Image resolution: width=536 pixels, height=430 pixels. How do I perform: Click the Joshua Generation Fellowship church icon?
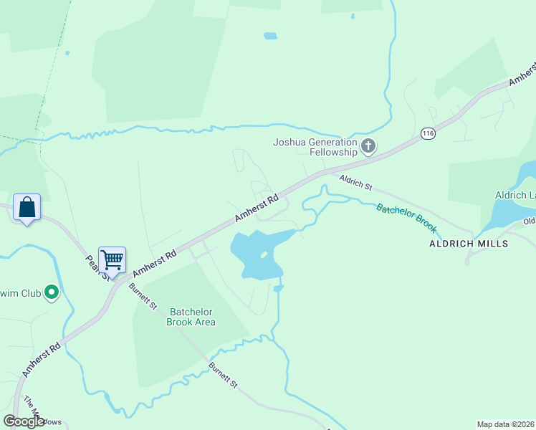pyautogui.click(x=368, y=147)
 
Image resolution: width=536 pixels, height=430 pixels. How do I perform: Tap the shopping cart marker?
pyautogui.click(x=112, y=260)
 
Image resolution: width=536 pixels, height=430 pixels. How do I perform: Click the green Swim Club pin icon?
pyautogui.click(x=51, y=292)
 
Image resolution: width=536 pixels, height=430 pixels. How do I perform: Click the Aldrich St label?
pyautogui.click(x=356, y=184)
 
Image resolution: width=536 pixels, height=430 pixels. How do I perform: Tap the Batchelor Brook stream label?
pyautogui.click(x=406, y=218)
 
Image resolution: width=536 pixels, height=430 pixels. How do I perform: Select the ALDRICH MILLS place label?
pyautogui.click(x=468, y=244)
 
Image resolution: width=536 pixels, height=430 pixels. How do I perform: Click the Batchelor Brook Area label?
pyautogui.click(x=191, y=317)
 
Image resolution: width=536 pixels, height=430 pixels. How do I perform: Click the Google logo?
pyautogui.click(x=24, y=421)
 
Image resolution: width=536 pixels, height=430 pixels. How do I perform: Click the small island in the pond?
pyautogui.click(x=264, y=254)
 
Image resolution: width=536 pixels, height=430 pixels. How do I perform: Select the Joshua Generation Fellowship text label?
pyautogui.click(x=315, y=147)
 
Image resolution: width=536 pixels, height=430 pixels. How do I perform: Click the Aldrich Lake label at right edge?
pyautogui.click(x=515, y=195)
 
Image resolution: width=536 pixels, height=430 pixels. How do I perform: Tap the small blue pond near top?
pyautogui.click(x=270, y=35)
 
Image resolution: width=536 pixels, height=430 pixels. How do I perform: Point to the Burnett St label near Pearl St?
pyautogui.click(x=144, y=296)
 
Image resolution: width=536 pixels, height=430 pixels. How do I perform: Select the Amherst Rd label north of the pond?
pyautogui.click(x=257, y=209)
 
